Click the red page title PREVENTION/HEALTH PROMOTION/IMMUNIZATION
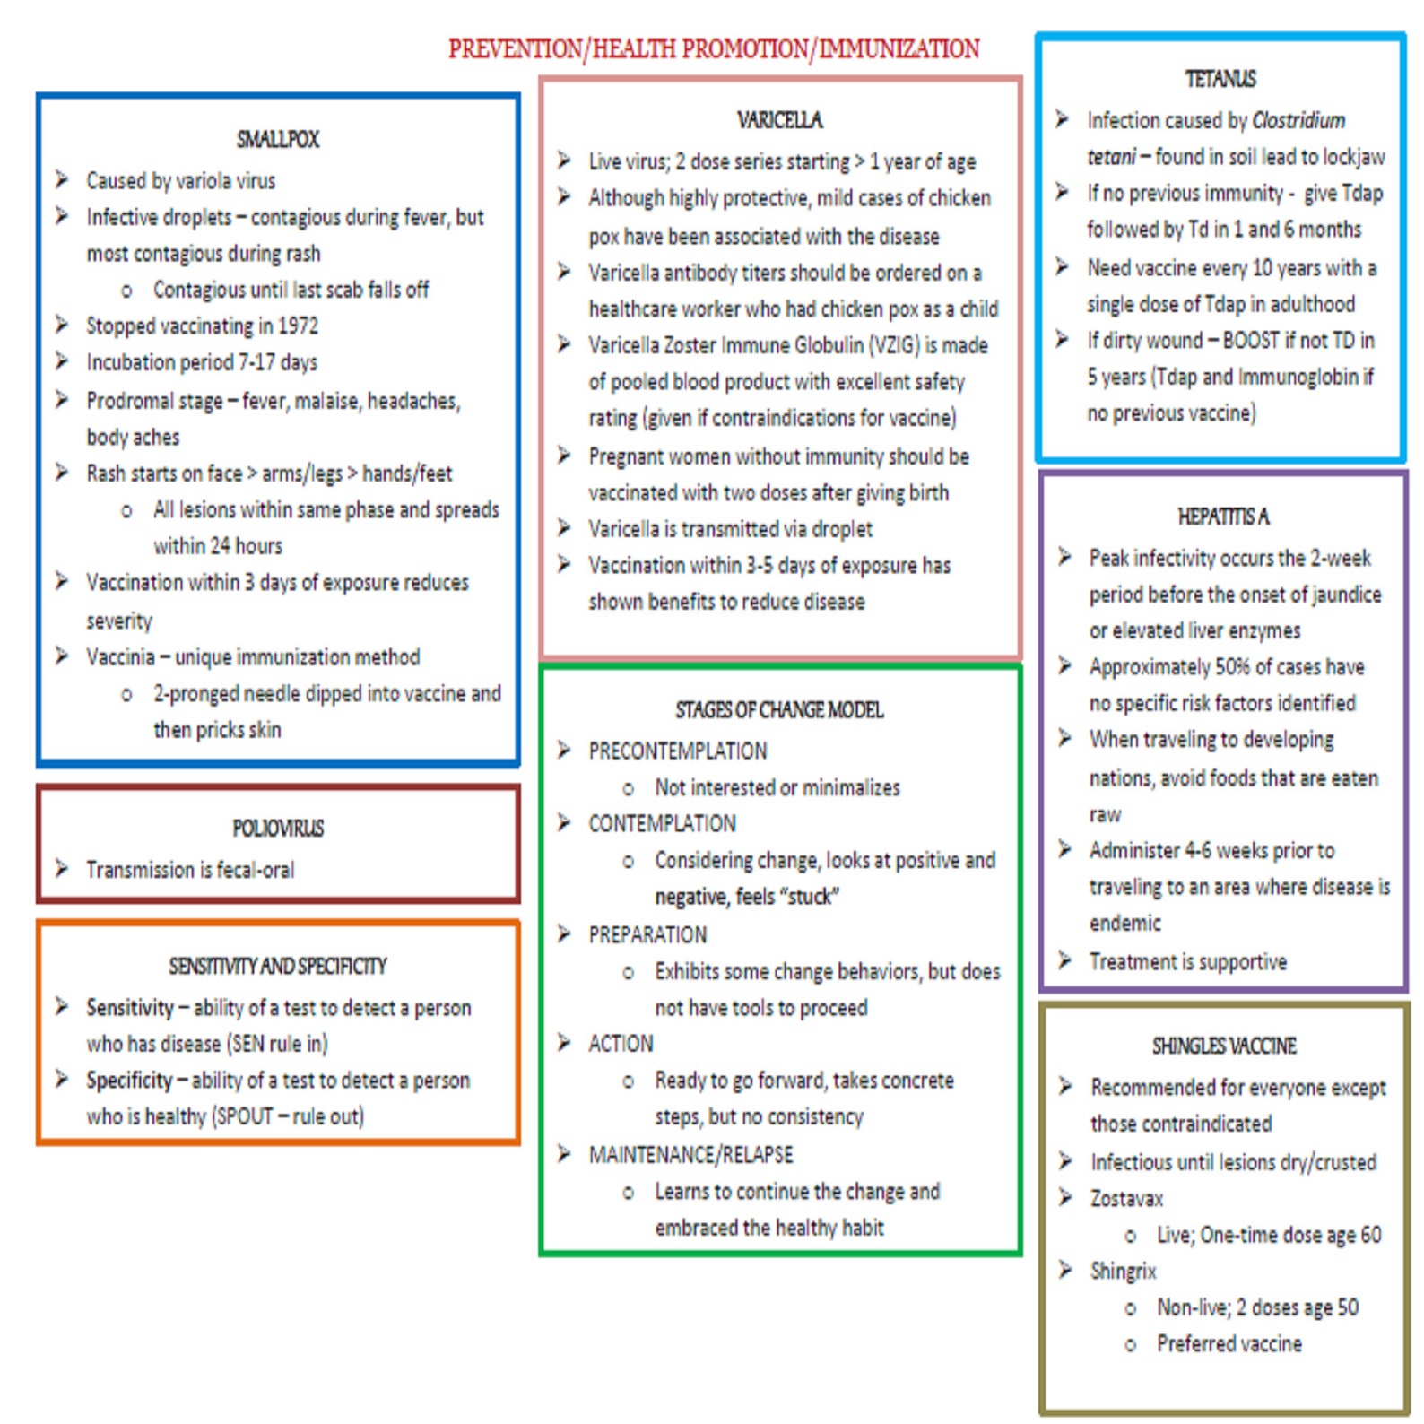pyautogui.click(x=714, y=48)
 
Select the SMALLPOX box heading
pyautogui.click(x=278, y=139)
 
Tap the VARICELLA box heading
pyautogui.click(x=780, y=120)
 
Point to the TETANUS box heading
pyautogui.click(x=1220, y=79)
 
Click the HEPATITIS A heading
pyautogui.click(x=1224, y=517)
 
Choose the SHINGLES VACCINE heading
pyautogui.click(x=1225, y=1046)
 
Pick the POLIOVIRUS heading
pyautogui.click(x=278, y=828)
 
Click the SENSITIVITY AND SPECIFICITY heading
pyautogui.click(x=278, y=966)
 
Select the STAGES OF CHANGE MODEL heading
pyautogui.click(x=780, y=710)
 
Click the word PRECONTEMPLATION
pyautogui.click(x=678, y=751)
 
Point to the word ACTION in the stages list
pyautogui.click(x=621, y=1044)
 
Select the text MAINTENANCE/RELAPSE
pyautogui.click(x=690, y=1154)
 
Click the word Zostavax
pyautogui.click(x=1126, y=1199)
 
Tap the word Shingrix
pyautogui.click(x=1124, y=1272)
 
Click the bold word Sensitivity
pyautogui.click(x=130, y=1008)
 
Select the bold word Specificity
pyautogui.click(x=129, y=1081)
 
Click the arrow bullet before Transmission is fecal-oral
pyautogui.click(x=61, y=868)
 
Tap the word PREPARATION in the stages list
pyautogui.click(x=647, y=934)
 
